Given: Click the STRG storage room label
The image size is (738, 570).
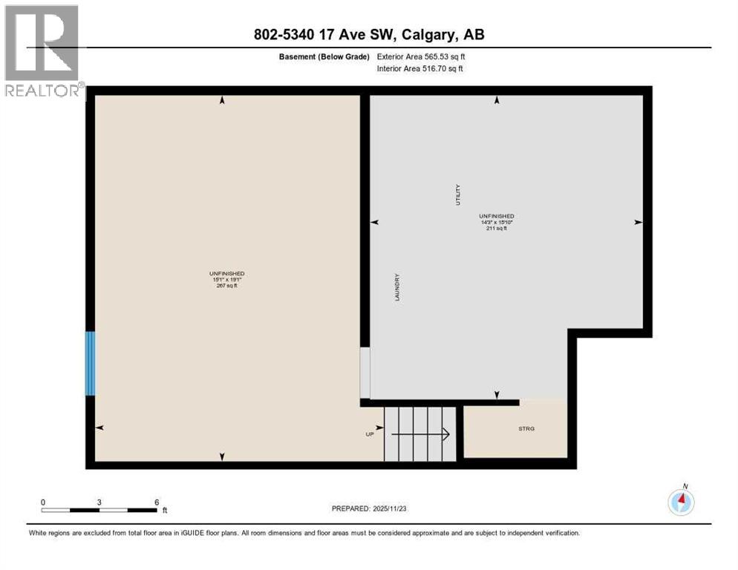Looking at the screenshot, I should pyautogui.click(x=526, y=429).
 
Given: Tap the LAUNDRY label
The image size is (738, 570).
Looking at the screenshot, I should pyautogui.click(x=397, y=286).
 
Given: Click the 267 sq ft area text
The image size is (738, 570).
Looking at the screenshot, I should pyautogui.click(x=227, y=286).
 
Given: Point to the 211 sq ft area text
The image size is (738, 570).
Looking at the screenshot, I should pyautogui.click(x=496, y=228).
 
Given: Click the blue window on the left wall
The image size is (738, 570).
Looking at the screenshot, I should pyautogui.click(x=91, y=363).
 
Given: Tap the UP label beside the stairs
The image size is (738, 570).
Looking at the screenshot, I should pyautogui.click(x=370, y=434).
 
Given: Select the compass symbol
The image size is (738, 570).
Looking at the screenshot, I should pyautogui.click(x=681, y=502).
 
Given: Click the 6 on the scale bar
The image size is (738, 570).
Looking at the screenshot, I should pyautogui.click(x=156, y=502).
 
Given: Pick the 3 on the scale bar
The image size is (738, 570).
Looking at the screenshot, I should pyautogui.click(x=99, y=502).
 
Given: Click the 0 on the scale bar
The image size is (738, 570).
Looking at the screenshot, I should pyautogui.click(x=43, y=502).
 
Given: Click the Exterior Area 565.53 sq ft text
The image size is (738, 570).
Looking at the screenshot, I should pyautogui.click(x=421, y=56).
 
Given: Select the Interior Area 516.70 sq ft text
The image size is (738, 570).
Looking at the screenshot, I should pyautogui.click(x=421, y=68).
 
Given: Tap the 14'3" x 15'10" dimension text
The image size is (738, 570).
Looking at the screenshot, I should pyautogui.click(x=496, y=221).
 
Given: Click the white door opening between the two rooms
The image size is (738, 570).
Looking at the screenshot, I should pyautogui.click(x=365, y=373).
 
